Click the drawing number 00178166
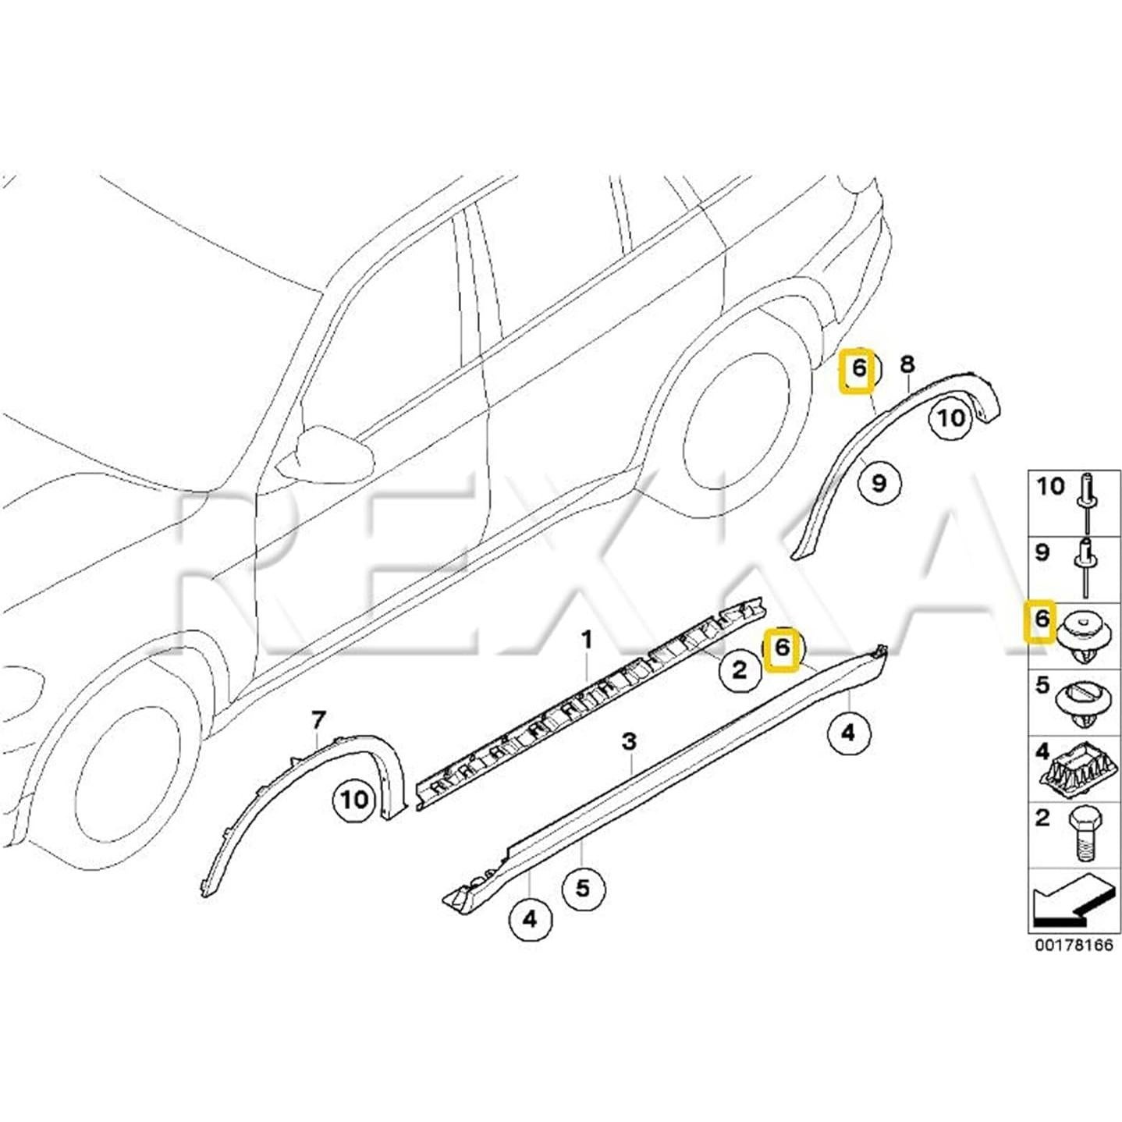pyautogui.click(x=1074, y=945)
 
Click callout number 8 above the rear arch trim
pyautogui.click(x=907, y=364)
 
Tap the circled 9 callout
pyautogui.click(x=879, y=483)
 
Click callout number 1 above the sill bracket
pyautogui.click(x=587, y=641)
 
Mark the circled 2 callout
pyautogui.click(x=739, y=669)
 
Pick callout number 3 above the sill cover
pyautogui.click(x=630, y=740)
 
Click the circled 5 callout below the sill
pyautogui.click(x=583, y=887)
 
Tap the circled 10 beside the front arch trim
pyautogui.click(x=353, y=799)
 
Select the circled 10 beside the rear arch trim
pyautogui.click(x=951, y=418)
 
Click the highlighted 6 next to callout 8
pyautogui.click(x=858, y=368)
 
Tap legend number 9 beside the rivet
pyautogui.click(x=1042, y=553)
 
